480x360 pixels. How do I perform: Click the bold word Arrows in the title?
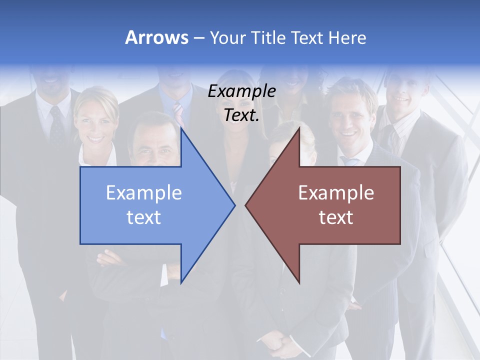(x=156, y=37)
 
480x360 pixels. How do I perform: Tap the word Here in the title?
(x=347, y=37)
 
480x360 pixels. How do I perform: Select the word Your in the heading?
(x=227, y=38)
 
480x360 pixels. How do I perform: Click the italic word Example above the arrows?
(x=241, y=91)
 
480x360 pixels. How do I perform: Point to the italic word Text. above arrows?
(x=241, y=115)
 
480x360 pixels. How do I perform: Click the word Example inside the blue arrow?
(x=144, y=193)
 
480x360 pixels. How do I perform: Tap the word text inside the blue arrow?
(x=144, y=217)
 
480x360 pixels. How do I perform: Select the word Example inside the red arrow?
(x=336, y=193)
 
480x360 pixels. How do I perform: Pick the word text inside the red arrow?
(x=336, y=217)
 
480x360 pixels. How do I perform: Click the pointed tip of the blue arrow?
(x=234, y=204)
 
